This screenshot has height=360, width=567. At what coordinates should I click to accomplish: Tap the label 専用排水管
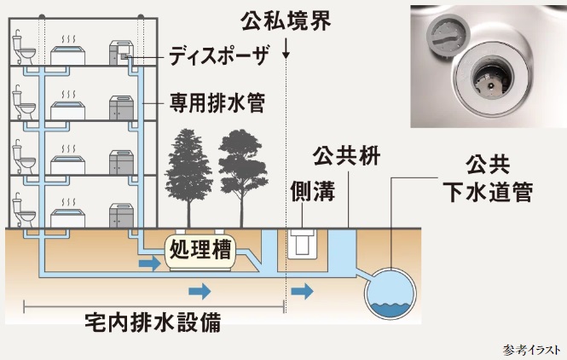click(x=217, y=104)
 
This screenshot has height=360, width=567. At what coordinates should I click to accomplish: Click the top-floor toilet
click(x=24, y=51)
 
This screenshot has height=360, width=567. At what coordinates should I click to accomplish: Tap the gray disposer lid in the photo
click(x=444, y=35)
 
